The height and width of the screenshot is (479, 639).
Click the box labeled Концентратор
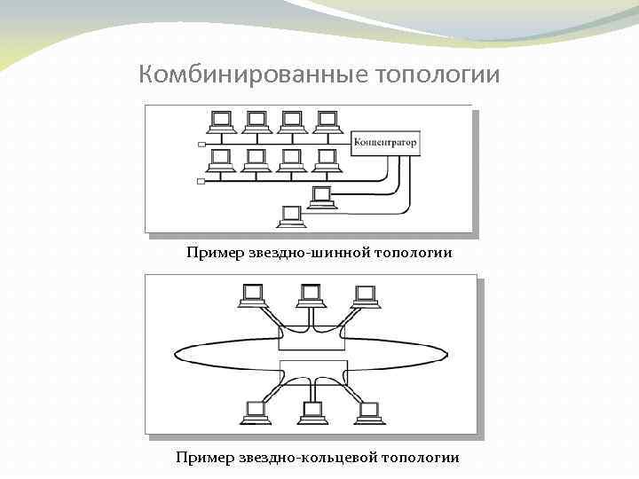[385, 141]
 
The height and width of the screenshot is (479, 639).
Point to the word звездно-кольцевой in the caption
[308, 458]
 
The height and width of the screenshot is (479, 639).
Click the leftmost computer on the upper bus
[221, 122]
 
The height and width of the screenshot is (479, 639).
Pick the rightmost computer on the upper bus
[327, 122]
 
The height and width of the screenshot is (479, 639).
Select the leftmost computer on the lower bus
[221, 161]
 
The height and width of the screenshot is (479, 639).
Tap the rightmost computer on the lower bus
[327, 161]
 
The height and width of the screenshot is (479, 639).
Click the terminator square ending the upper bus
[201, 142]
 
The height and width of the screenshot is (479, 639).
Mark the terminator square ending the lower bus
[201, 180]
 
